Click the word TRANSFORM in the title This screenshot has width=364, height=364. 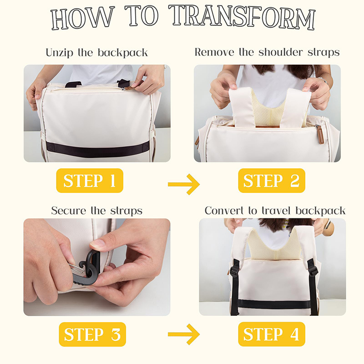(x=242, y=17)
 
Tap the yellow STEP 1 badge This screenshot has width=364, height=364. (x=90, y=181)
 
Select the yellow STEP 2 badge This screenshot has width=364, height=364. (x=272, y=181)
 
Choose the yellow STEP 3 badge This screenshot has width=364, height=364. (x=92, y=334)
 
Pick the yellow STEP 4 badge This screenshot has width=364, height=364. (x=272, y=334)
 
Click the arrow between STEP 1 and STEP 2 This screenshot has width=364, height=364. (x=184, y=184)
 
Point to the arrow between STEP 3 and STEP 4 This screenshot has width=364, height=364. (x=184, y=334)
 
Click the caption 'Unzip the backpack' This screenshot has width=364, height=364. (x=97, y=53)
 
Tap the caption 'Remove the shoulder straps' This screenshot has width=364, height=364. (x=267, y=52)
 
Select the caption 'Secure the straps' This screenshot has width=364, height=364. (x=97, y=211)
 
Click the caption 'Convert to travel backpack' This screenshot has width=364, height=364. (x=275, y=211)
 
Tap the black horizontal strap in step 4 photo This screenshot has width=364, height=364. (x=274, y=304)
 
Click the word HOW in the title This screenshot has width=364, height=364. (x=83, y=18)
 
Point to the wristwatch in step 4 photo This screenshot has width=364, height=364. (x=328, y=225)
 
